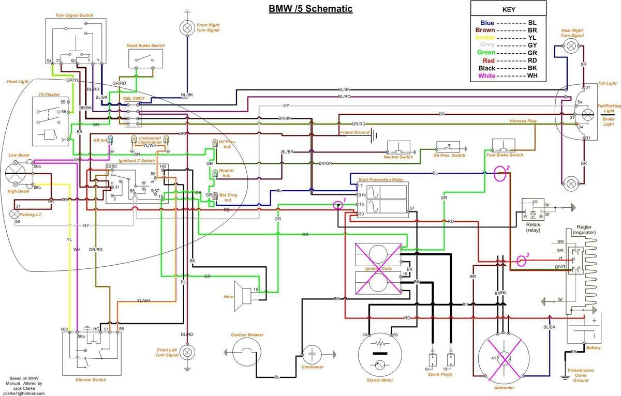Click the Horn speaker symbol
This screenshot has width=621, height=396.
[x=242, y=295]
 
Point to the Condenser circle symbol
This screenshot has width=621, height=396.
[x=313, y=355]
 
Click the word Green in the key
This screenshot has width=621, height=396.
[x=487, y=53]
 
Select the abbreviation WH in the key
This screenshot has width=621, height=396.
[x=533, y=76]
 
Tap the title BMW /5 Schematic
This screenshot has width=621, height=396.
[x=310, y=9]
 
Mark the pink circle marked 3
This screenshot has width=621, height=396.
[x=521, y=260]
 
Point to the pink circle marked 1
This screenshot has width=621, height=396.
[x=339, y=205]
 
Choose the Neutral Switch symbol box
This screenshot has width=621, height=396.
[x=398, y=147]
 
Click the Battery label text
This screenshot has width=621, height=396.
[x=594, y=348]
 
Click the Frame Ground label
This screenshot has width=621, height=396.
[x=354, y=133]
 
